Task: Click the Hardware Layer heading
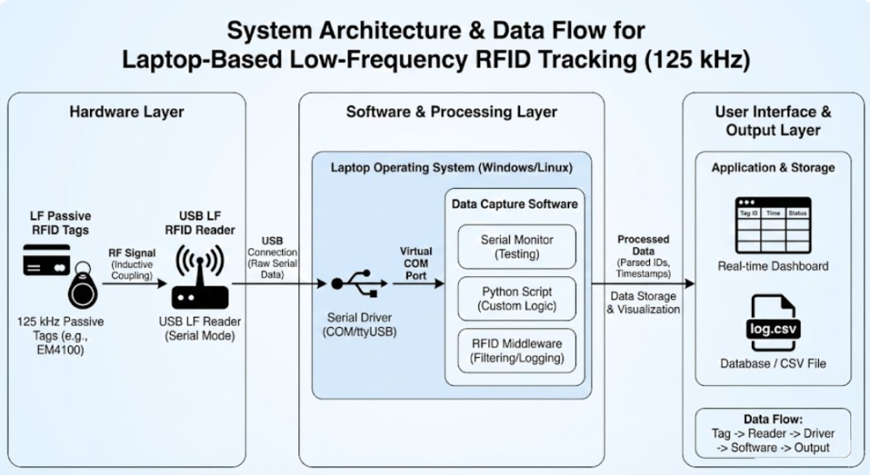tap(127, 112)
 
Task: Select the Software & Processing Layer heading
tap(451, 112)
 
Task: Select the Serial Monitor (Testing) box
tap(516, 247)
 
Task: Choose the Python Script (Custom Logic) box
tap(516, 298)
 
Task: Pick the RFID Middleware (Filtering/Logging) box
tap(516, 351)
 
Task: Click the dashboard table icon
tap(772, 225)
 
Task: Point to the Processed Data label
tap(643, 246)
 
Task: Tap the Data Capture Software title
tap(514, 204)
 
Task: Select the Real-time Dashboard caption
tap(772, 266)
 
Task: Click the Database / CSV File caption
tap(772, 364)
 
